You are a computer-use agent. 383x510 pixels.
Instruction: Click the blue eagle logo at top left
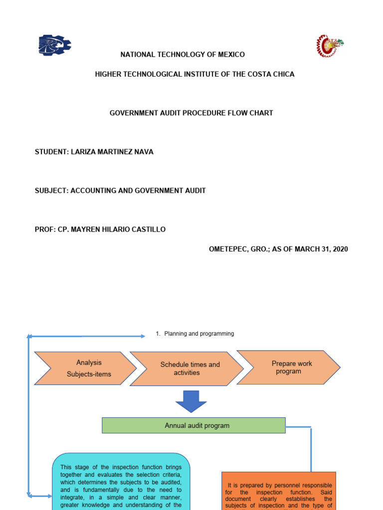click(x=54, y=45)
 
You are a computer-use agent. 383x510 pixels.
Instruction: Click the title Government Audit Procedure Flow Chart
click(x=191, y=113)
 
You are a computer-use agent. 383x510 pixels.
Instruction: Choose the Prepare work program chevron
click(x=289, y=368)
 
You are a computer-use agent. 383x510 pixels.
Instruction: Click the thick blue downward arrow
click(x=191, y=401)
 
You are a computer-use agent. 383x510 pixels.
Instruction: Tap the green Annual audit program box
click(x=193, y=425)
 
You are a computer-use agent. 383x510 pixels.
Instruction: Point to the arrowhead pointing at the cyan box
click(x=49, y=496)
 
